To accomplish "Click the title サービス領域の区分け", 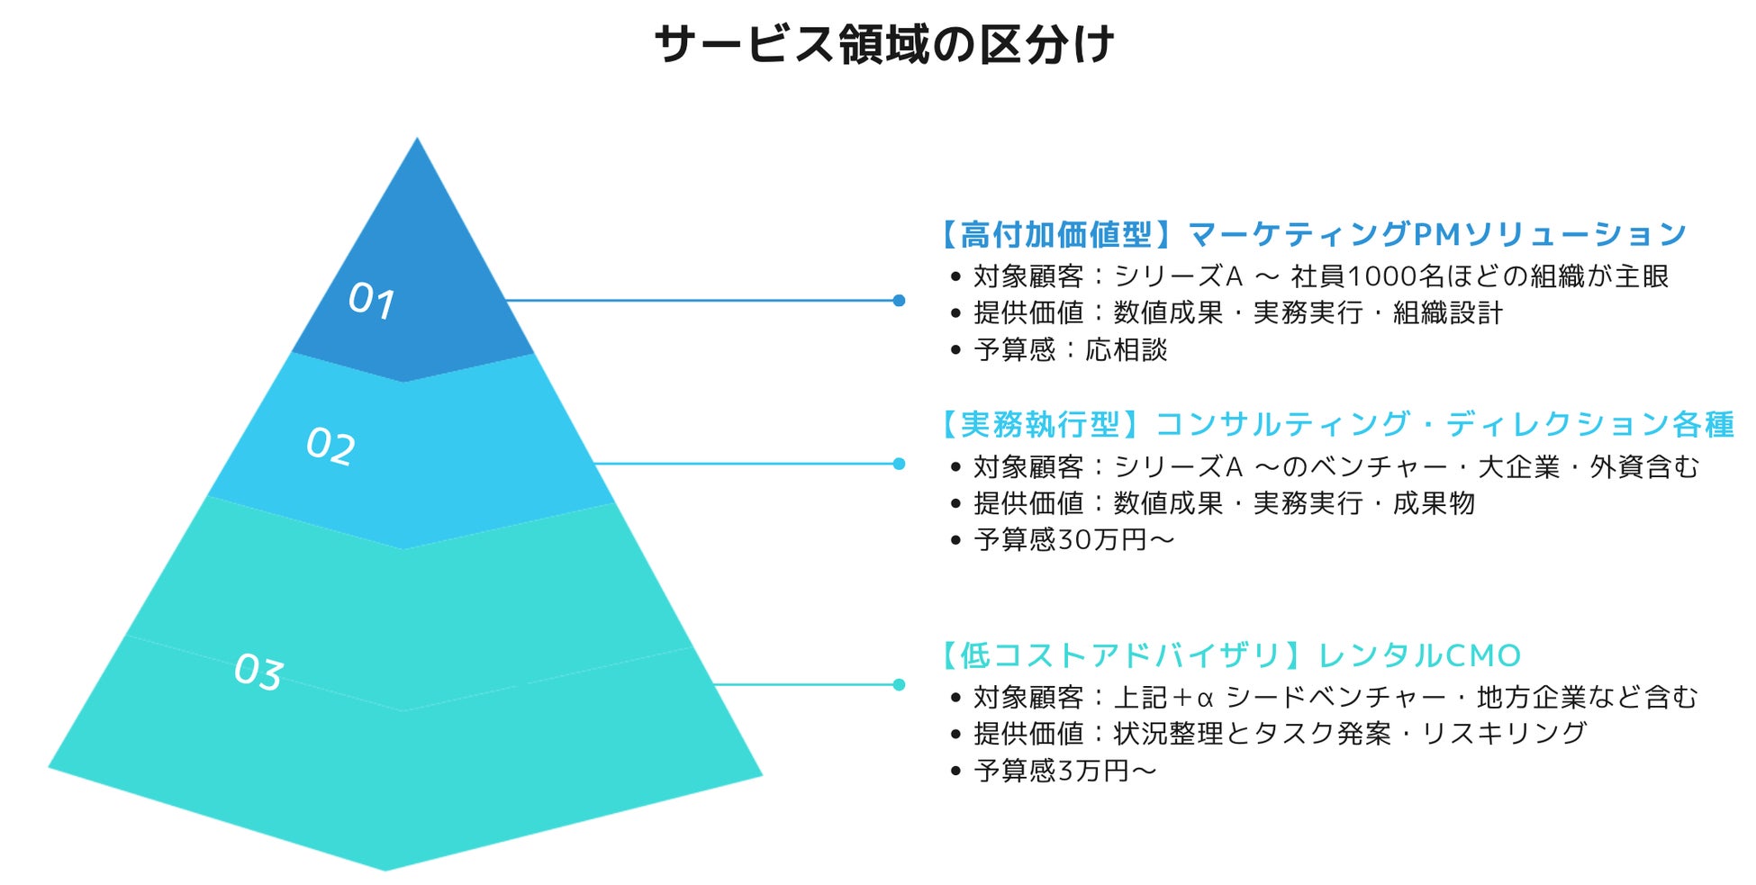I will [x=883, y=45].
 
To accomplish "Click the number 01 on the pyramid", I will [x=371, y=300].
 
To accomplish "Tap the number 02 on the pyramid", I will [x=330, y=446].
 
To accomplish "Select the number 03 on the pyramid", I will [x=258, y=672].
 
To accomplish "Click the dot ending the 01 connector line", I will [x=899, y=301].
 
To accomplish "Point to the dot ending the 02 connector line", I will [x=899, y=464].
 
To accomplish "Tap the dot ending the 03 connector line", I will [x=899, y=684].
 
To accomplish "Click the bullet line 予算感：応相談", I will [x=1070, y=349].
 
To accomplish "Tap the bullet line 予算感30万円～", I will [x=1073, y=539].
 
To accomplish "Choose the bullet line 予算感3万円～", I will [x=1064, y=771].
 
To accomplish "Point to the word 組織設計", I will [x=1448, y=312].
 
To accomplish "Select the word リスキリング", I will [x=1504, y=734].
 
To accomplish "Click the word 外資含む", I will [x=1644, y=466].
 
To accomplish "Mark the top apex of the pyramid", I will [x=417, y=140].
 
